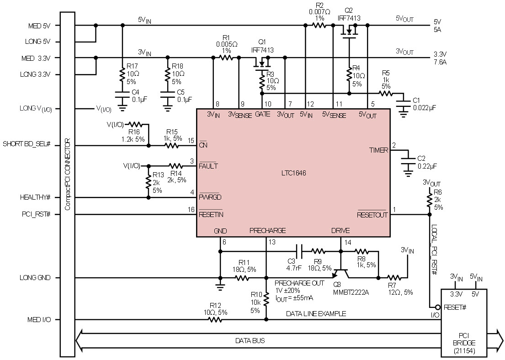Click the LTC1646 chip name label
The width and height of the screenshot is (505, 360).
[x=293, y=173]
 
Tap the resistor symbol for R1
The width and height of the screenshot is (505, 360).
[x=226, y=58]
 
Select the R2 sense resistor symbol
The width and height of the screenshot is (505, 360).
[x=319, y=25]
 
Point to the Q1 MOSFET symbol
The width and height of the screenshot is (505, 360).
[x=262, y=64]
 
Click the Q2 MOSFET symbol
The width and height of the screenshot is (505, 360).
[x=349, y=32]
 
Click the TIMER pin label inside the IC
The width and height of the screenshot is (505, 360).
[x=378, y=150]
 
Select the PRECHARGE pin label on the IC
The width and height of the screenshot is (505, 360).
[x=267, y=231]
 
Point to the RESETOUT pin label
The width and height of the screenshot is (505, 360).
[x=372, y=215]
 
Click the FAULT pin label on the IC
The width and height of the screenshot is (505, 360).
[x=208, y=166]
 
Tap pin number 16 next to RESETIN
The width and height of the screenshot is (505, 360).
[x=191, y=210]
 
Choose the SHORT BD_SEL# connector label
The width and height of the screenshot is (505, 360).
[x=27, y=143]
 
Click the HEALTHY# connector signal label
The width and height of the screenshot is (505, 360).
[x=35, y=197]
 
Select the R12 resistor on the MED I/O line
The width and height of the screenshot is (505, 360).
[x=215, y=320]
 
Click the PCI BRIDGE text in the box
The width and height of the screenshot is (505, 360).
[x=464, y=339]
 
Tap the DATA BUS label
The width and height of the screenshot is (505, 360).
[x=250, y=341]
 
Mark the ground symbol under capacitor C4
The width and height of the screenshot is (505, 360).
[x=122, y=107]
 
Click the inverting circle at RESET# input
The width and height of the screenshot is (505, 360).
[x=438, y=307]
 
